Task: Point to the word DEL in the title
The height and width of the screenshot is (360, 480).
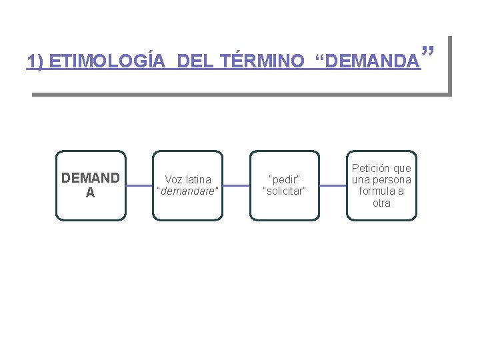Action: (193, 62)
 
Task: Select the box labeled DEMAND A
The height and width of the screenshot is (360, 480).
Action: (91, 185)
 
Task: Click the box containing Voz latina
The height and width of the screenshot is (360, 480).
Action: (187, 185)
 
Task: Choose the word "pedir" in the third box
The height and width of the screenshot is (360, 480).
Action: (285, 179)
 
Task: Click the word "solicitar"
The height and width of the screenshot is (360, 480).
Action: (285, 191)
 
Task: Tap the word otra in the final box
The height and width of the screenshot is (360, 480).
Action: (381, 203)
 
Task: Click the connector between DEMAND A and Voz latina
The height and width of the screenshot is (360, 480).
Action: (139, 185)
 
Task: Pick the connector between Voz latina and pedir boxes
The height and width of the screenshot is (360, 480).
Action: (236, 185)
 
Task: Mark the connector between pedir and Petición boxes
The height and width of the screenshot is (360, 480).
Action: (333, 185)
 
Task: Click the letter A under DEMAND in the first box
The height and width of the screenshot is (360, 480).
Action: (91, 193)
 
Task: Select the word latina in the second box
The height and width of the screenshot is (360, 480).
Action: (198, 179)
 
